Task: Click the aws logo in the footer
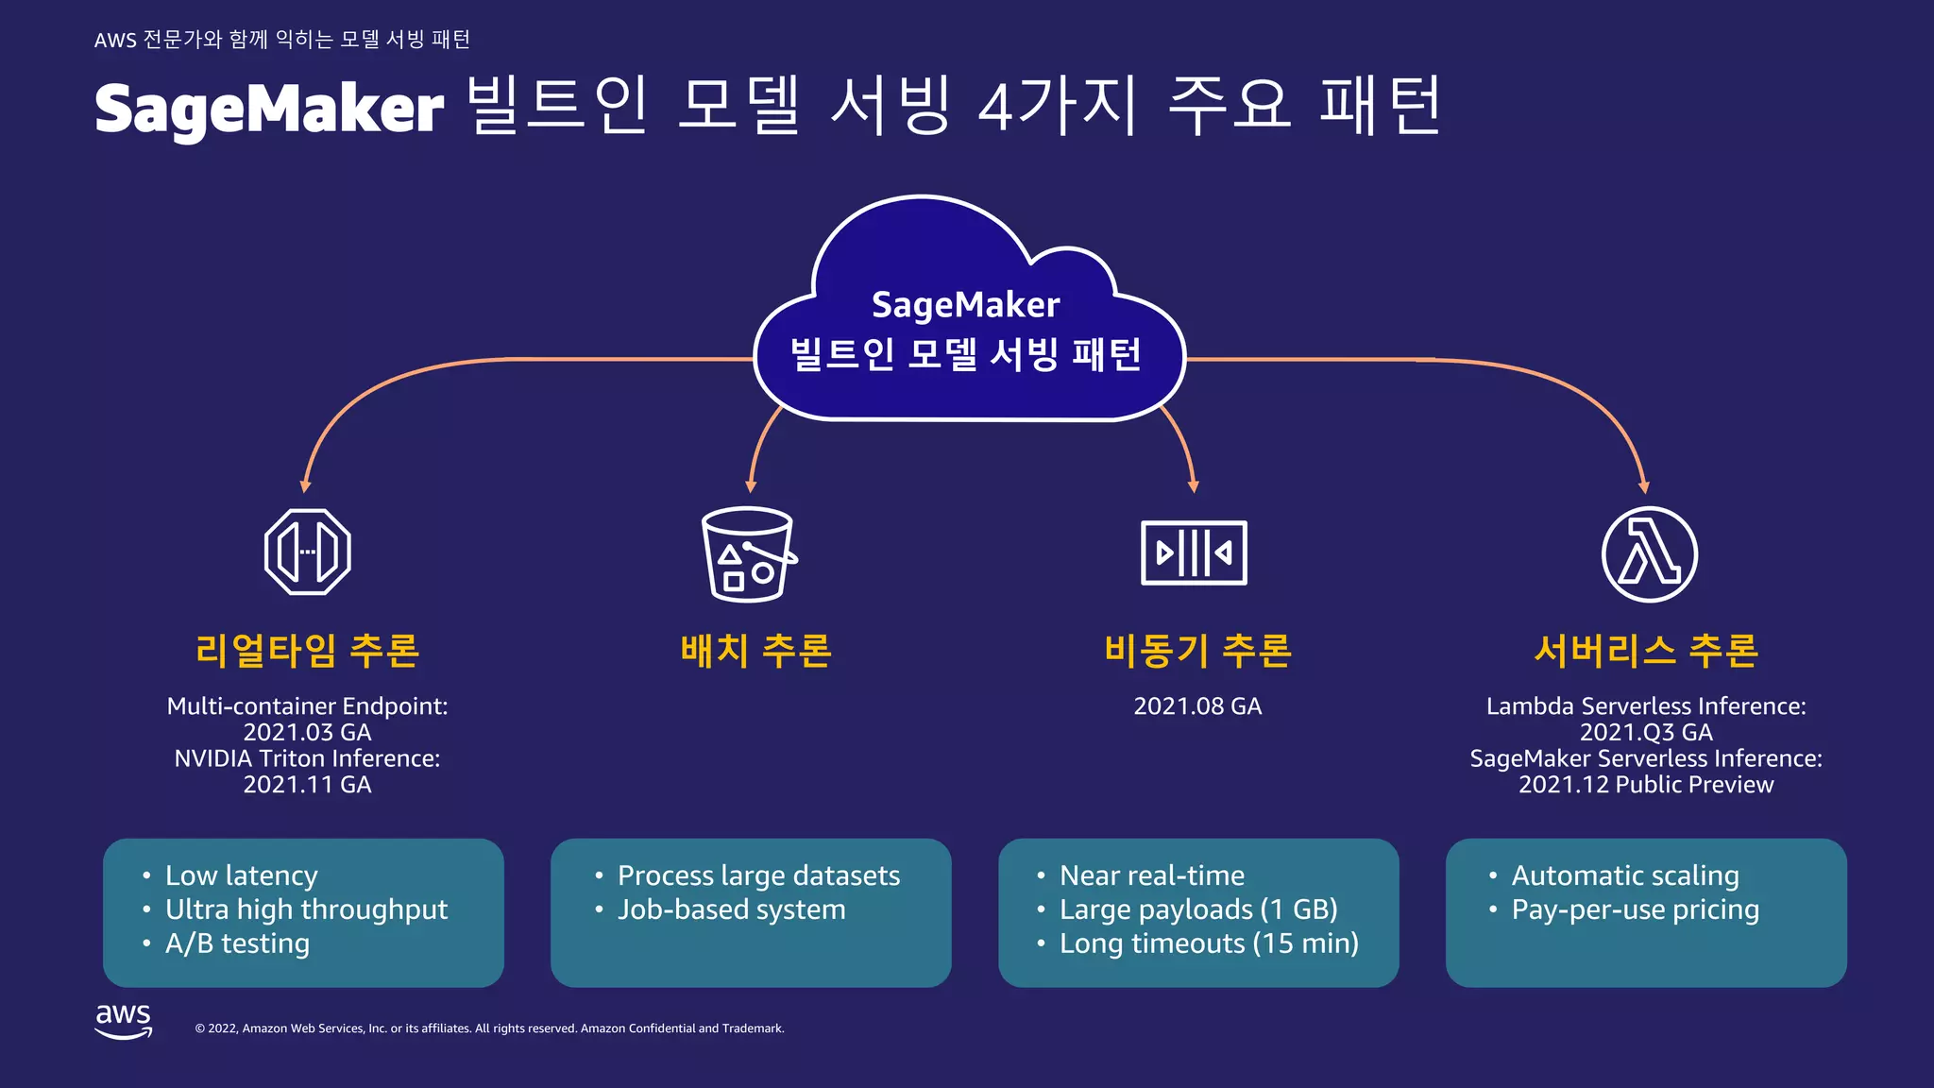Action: [123, 1021]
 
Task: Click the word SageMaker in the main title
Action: [269, 110]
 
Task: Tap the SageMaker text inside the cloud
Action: [965, 305]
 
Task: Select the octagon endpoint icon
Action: [308, 552]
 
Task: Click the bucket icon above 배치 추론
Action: [748, 554]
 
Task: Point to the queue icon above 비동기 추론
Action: [1194, 552]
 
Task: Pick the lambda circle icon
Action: [1649, 554]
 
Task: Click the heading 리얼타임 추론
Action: [308, 651]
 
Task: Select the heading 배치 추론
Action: [755, 651]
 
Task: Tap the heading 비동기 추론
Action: [1197, 651]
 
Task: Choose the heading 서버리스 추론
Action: [1646, 651]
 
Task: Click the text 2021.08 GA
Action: [1197, 706]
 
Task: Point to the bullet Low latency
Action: [241, 875]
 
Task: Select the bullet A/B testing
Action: [237, 943]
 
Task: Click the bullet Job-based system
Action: [731, 909]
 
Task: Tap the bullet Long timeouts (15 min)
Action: [1209, 943]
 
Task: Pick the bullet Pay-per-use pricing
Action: [1635, 909]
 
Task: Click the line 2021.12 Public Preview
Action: [1646, 785]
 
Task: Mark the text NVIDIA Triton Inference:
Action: [307, 758]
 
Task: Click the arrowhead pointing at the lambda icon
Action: [1644, 487]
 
